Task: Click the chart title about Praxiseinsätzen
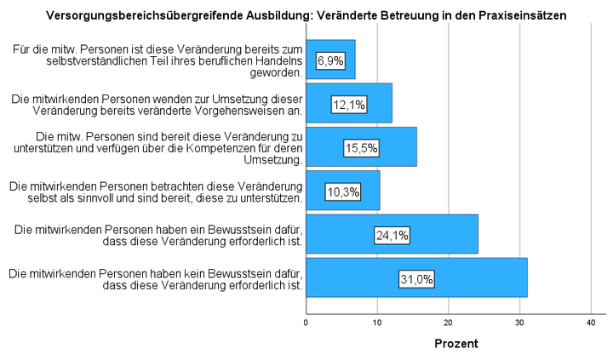(306, 15)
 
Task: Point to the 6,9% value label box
(330, 60)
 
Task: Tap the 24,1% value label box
(392, 235)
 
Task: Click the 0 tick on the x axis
(306, 322)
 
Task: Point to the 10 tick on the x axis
(377, 322)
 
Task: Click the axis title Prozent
(456, 344)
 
